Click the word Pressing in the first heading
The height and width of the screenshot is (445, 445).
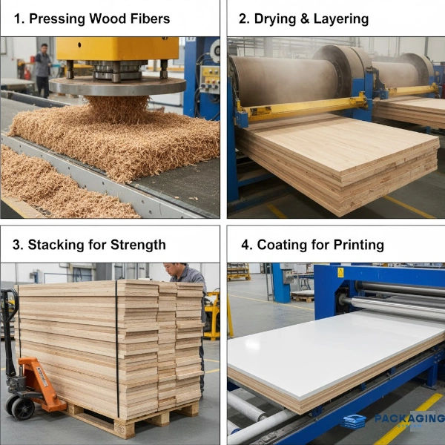[57, 19]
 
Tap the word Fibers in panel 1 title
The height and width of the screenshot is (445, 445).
[150, 19]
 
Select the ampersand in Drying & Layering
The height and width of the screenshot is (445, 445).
[305, 19]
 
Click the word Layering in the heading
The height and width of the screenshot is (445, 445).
[341, 19]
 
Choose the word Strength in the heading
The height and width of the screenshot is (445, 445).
[138, 245]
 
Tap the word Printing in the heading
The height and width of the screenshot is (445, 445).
[359, 245]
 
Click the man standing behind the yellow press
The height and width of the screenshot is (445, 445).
[43, 70]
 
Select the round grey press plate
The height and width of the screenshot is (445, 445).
[117, 86]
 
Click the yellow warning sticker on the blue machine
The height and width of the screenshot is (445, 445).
[340, 272]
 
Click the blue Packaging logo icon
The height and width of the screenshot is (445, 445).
[354, 421]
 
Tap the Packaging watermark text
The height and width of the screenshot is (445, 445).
[409, 418]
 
